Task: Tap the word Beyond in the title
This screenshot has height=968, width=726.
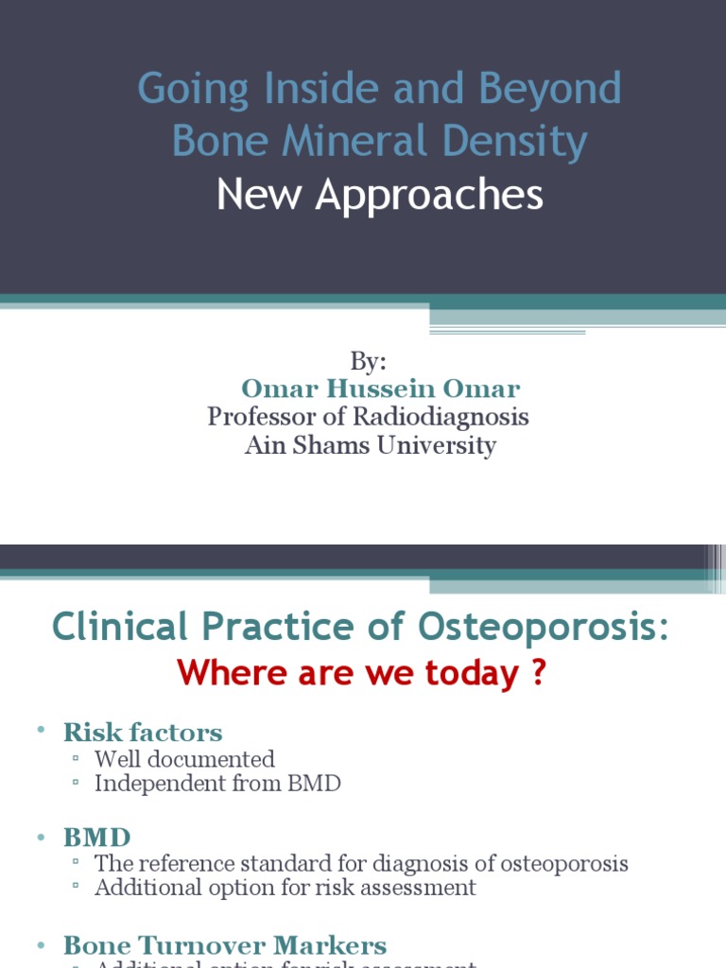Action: (549, 90)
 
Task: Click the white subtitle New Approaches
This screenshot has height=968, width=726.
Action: (379, 195)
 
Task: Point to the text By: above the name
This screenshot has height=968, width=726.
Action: (368, 361)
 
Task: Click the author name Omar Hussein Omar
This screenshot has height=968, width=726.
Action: (380, 389)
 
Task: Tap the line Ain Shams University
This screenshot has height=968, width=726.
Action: (370, 445)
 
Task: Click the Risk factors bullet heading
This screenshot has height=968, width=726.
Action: (143, 732)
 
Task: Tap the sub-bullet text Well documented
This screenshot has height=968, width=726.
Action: (184, 759)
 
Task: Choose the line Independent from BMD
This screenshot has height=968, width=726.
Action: (217, 784)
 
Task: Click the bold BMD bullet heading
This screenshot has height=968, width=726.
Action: (96, 837)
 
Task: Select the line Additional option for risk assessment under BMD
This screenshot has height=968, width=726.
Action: (285, 888)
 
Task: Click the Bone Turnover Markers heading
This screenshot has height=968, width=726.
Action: (225, 944)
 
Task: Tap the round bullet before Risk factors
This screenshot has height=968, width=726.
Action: (42, 731)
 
